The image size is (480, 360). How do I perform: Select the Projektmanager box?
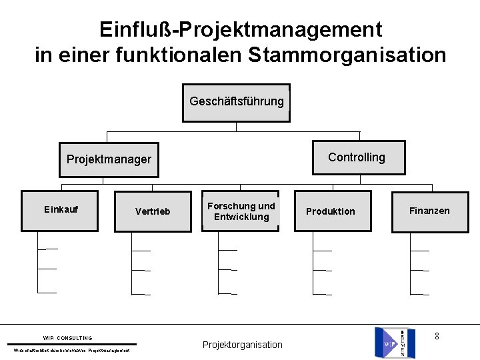pos(109,159)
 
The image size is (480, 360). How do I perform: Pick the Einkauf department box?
pos(61,209)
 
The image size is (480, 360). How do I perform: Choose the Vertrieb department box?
pos(153,211)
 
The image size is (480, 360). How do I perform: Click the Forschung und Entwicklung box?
pos(241,211)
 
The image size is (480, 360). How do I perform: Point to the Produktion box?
pos(330,211)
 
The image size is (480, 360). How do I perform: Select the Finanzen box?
pos(429,211)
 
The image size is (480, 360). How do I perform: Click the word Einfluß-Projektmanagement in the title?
pos(241,29)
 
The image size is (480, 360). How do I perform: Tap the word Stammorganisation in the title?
pos(347,55)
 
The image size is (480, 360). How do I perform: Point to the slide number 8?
pos(437,336)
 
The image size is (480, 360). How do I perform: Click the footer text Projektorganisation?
pos(242,345)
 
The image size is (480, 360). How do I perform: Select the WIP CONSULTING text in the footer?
pos(67,338)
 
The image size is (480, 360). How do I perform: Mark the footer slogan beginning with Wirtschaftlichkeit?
pos(72,351)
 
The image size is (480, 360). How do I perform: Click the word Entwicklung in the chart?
pos(241,217)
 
